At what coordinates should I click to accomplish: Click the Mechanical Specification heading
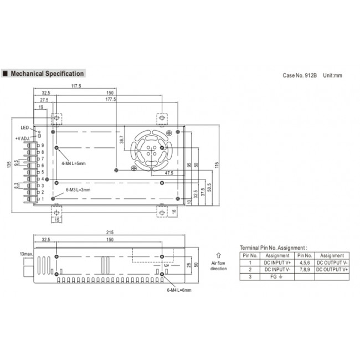click(x=47, y=74)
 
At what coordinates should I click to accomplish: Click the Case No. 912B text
click(x=300, y=75)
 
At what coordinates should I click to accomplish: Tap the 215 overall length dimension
click(x=110, y=233)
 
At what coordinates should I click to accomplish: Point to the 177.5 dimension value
click(x=110, y=99)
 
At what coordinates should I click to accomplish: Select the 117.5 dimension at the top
click(x=76, y=86)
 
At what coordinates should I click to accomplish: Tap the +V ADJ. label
click(x=23, y=139)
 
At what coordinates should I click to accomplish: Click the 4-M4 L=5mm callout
click(x=74, y=163)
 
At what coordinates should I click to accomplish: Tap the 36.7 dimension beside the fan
click(x=121, y=141)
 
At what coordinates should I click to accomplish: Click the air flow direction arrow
click(x=219, y=255)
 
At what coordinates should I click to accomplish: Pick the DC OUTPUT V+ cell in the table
click(x=332, y=269)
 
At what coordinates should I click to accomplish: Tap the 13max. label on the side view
click(x=25, y=254)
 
